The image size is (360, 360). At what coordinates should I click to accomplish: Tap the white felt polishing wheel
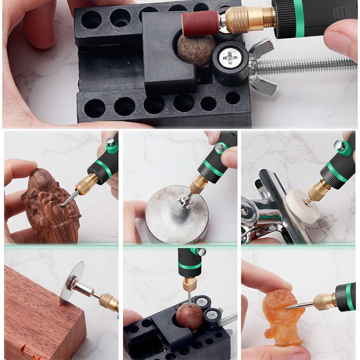pyautogui.click(x=302, y=205)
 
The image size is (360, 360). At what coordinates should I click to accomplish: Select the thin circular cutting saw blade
pyautogui.click(x=72, y=283)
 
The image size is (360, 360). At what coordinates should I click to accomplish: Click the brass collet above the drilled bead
pyautogui.click(x=190, y=284)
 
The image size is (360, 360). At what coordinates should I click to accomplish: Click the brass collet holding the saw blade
pyautogui.click(x=108, y=301)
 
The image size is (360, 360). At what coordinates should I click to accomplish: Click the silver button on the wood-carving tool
pyautogui.click(x=110, y=142)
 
